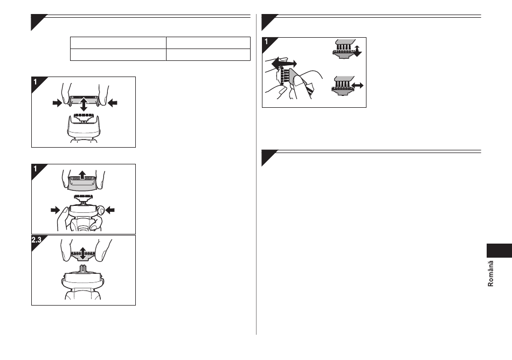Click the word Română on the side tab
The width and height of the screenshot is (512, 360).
click(x=490, y=274)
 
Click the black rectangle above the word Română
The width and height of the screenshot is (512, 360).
click(x=499, y=251)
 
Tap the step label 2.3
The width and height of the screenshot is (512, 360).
click(x=36, y=240)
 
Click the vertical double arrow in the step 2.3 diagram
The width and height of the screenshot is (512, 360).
click(x=83, y=254)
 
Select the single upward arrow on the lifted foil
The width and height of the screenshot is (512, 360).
click(x=82, y=175)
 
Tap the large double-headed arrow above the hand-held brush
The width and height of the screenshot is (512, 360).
click(x=284, y=64)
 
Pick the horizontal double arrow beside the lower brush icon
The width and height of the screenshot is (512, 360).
click(x=358, y=86)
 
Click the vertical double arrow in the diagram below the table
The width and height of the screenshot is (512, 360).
click(x=84, y=104)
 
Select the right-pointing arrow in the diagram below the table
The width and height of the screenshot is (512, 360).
click(x=57, y=103)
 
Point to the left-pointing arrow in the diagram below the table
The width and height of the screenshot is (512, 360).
click(x=112, y=103)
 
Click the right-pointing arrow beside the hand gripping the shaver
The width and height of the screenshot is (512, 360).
click(x=56, y=210)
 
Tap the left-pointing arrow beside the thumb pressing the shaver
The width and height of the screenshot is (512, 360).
click(x=110, y=210)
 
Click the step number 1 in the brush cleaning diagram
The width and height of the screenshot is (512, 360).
click(x=266, y=42)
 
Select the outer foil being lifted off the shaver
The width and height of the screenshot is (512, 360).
click(x=82, y=183)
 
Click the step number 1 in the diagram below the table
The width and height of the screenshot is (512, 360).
click(x=35, y=81)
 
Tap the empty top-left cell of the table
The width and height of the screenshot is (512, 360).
click(x=118, y=43)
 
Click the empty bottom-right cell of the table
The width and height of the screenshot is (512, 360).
click(x=209, y=55)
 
